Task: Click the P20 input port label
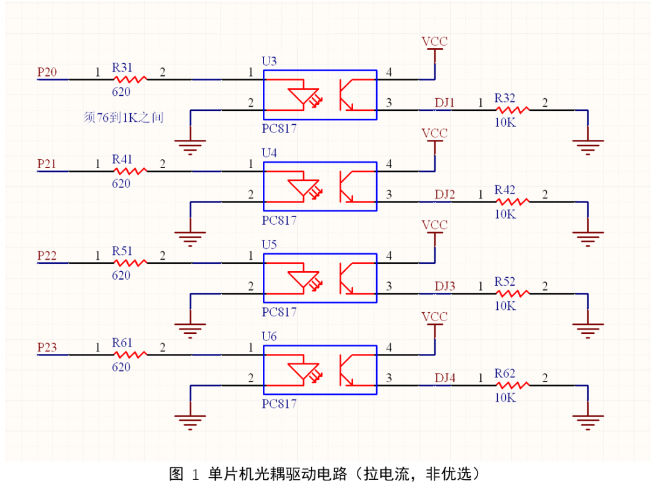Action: [47, 72]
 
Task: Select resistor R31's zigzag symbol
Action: [130, 79]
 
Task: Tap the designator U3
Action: [269, 61]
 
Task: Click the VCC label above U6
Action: [435, 316]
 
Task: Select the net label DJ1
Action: [445, 102]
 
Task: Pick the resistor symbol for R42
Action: [512, 201]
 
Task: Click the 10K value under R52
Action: [505, 306]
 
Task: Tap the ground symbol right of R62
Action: [587, 420]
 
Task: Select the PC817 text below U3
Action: [279, 128]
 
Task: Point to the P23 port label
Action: [47, 347]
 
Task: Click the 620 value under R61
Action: [121, 366]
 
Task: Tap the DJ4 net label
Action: [445, 378]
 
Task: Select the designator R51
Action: [122, 250]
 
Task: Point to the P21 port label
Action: [47, 164]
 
